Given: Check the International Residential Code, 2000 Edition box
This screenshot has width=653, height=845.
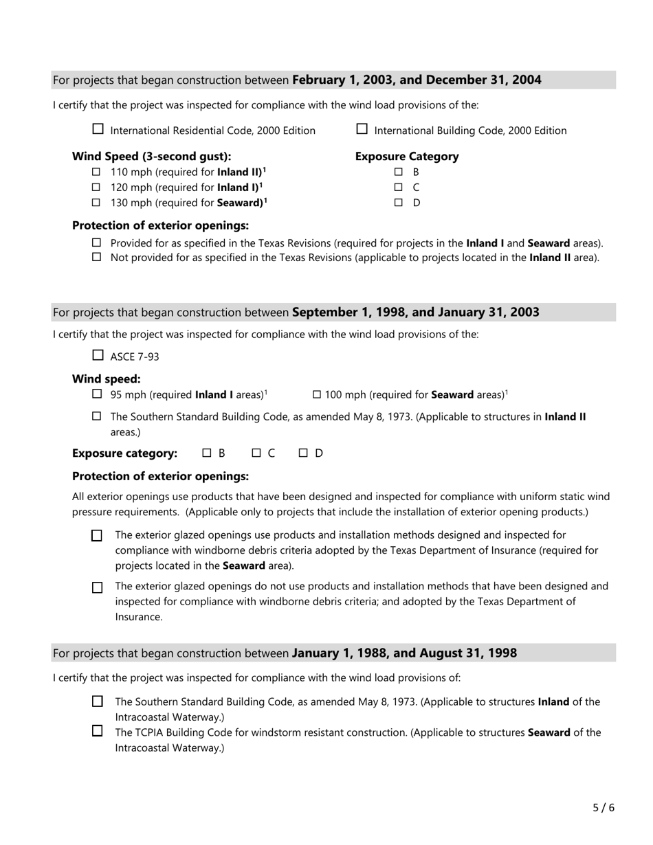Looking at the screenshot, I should tap(98, 128).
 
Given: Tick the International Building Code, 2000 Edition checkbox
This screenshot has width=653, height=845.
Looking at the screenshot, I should tap(362, 128).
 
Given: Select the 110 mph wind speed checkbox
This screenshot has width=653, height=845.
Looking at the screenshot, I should tap(96, 172).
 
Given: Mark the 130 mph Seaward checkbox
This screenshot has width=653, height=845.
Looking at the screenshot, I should tap(96, 203).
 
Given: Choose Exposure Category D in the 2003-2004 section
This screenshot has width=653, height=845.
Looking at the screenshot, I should tap(398, 203).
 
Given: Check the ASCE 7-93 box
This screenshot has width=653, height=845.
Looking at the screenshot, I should tap(98, 355).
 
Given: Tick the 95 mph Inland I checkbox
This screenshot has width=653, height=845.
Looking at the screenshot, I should tap(97, 394).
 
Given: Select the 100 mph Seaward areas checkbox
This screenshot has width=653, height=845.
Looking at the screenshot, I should tap(317, 394).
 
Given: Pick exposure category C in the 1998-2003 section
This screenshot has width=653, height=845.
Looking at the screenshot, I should tap(256, 453).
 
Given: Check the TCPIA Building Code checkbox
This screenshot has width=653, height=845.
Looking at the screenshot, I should tap(98, 731).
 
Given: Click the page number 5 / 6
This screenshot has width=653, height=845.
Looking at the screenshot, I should tap(604, 808).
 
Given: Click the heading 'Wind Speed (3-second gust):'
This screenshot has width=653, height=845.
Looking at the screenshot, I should tap(151, 156).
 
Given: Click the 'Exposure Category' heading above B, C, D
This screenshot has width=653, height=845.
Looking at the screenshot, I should tap(406, 156).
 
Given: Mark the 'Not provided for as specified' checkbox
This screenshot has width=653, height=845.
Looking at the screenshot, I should tap(97, 257).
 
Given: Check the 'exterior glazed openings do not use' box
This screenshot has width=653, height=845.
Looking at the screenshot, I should tap(97, 587).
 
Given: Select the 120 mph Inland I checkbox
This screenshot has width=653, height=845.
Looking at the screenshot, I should tap(96, 187).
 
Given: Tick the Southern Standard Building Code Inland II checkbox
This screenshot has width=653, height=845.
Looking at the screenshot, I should tap(97, 416).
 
